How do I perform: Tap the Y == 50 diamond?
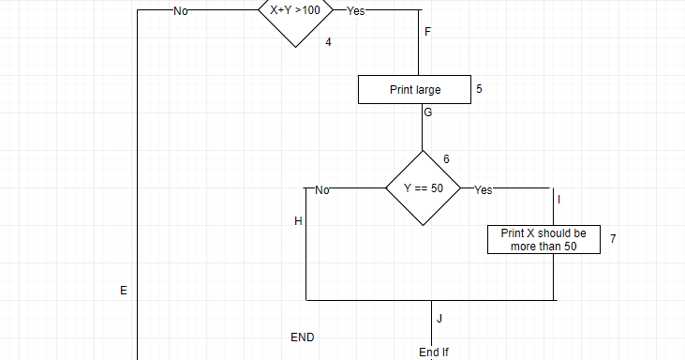pyautogui.click(x=423, y=188)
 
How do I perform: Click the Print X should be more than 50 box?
pyautogui.click(x=544, y=239)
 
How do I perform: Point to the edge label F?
pyautogui.click(x=428, y=33)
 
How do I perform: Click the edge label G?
pyautogui.click(x=428, y=112)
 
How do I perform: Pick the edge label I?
pyautogui.click(x=559, y=200)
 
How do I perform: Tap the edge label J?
pyautogui.click(x=439, y=319)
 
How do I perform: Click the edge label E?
pyautogui.click(x=123, y=291)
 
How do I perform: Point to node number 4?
pyautogui.click(x=329, y=42)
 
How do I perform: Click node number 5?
pyautogui.click(x=479, y=89)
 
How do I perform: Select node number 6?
pyautogui.click(x=446, y=158)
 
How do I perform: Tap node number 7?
pyautogui.click(x=612, y=239)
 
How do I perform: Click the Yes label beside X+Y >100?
pyautogui.click(x=357, y=11)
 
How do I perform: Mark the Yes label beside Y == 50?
pyautogui.click(x=483, y=189)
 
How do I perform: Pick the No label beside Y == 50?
pyautogui.click(x=322, y=189)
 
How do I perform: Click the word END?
pyautogui.click(x=303, y=337)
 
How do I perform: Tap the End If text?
pyautogui.click(x=434, y=352)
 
